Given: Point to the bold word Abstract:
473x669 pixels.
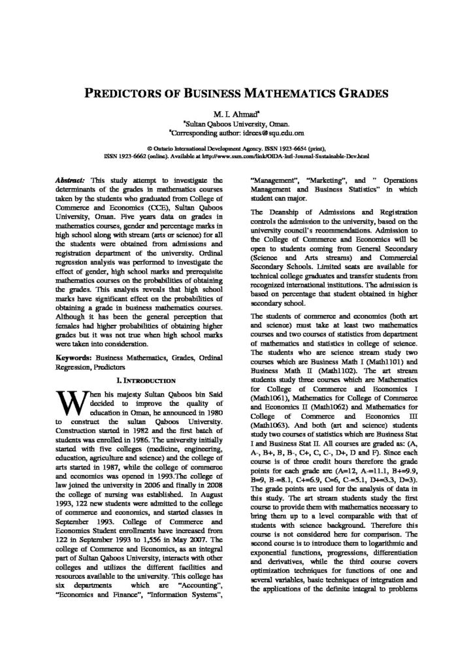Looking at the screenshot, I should [x=72, y=179].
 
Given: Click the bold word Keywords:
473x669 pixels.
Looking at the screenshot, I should [x=74, y=359].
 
